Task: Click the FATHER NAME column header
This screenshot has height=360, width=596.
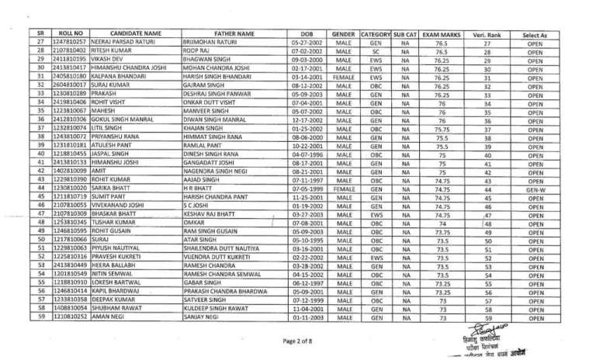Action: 234,34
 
